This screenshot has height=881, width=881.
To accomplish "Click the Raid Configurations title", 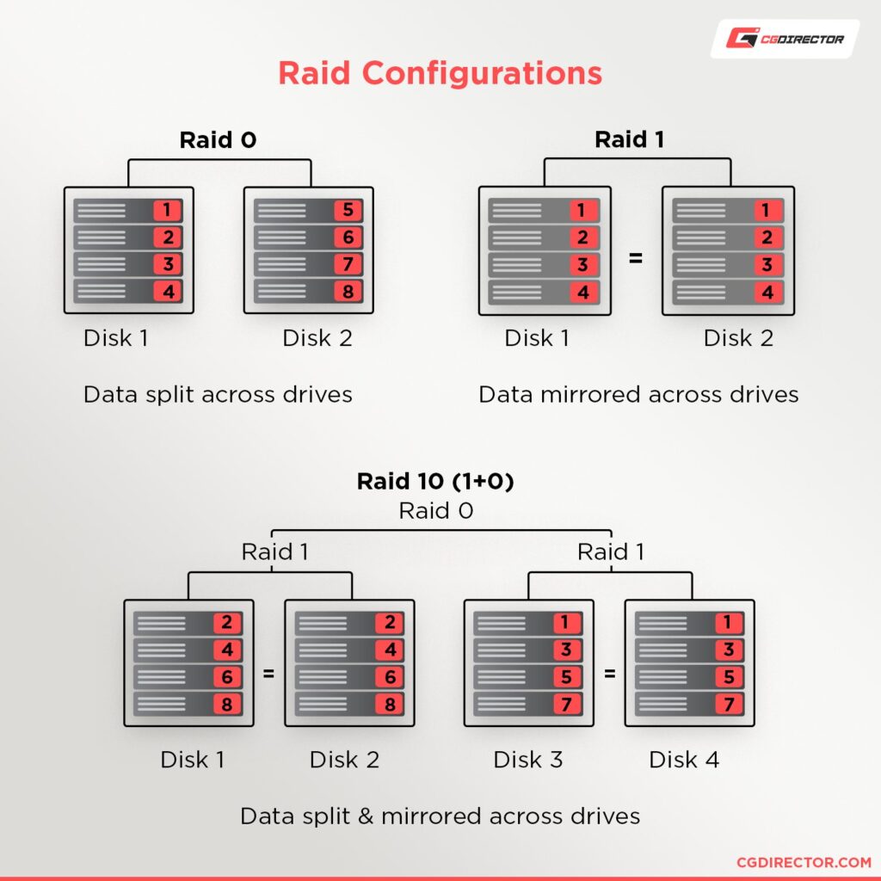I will pyautogui.click(x=440, y=73).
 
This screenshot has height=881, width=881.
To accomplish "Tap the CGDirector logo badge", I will pyautogui.click(x=784, y=39).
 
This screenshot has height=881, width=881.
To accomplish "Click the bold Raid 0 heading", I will pyautogui.click(x=218, y=140).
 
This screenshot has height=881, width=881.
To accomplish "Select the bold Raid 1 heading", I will pyautogui.click(x=629, y=140).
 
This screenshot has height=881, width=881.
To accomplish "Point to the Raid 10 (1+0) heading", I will pyautogui.click(x=435, y=482).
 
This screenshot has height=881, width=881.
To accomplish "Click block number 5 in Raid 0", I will pyautogui.click(x=348, y=211).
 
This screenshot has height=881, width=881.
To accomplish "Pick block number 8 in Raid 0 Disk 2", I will pyautogui.click(x=348, y=291).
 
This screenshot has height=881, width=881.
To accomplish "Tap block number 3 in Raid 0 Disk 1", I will pyautogui.click(x=168, y=264).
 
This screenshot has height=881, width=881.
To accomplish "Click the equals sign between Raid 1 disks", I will pyautogui.click(x=636, y=257).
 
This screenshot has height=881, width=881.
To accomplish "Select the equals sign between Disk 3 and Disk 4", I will pyautogui.click(x=610, y=674).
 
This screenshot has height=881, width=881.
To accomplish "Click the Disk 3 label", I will pyautogui.click(x=528, y=760).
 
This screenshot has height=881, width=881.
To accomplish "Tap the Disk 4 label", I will pyautogui.click(x=684, y=760).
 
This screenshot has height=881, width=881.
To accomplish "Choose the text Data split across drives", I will pyautogui.click(x=218, y=394).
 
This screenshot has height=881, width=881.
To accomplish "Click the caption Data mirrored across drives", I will pyautogui.click(x=638, y=394).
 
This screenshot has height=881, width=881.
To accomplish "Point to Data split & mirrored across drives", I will pyautogui.click(x=440, y=816).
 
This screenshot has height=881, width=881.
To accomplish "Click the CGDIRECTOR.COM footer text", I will pyautogui.click(x=804, y=862).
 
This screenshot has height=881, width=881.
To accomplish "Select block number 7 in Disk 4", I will pyautogui.click(x=727, y=704).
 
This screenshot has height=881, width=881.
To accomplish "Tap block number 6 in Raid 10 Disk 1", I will pyautogui.click(x=227, y=677).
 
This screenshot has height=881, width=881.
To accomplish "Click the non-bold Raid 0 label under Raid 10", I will pyautogui.click(x=435, y=511).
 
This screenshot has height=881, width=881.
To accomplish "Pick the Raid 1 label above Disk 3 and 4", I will pyautogui.click(x=610, y=551).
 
